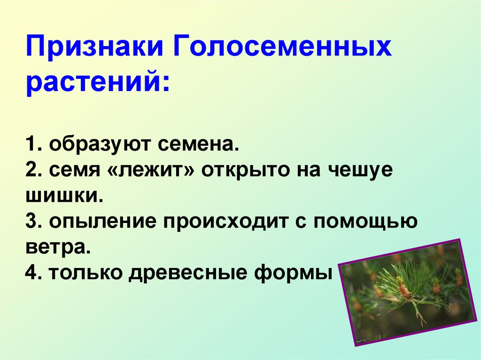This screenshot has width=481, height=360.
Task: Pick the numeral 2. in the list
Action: tap(34, 171)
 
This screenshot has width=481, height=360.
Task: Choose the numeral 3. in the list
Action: tap(34, 222)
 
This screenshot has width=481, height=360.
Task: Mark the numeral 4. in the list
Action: tap(34, 273)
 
